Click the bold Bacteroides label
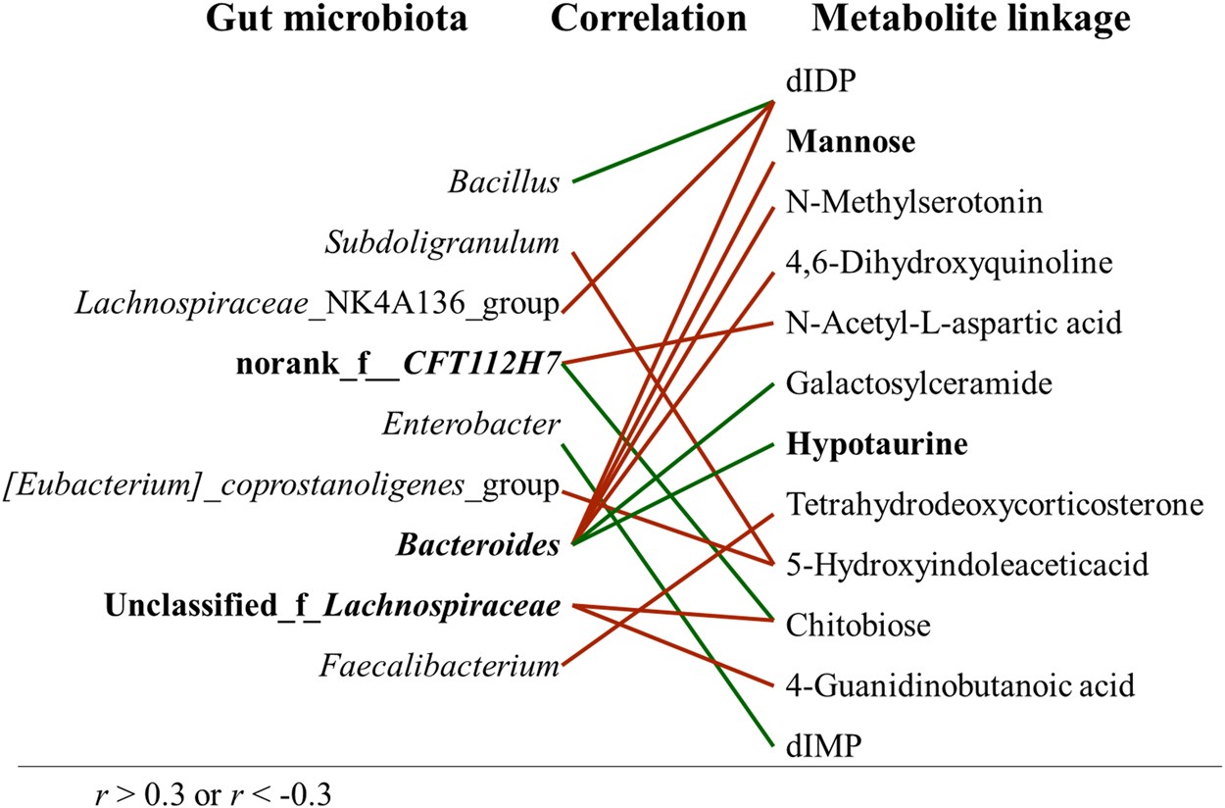coord(478,545)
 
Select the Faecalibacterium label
coord(440,668)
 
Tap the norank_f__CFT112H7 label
coord(398,366)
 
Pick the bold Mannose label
coord(851,143)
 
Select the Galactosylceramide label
coord(919,383)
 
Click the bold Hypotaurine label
coord(877,444)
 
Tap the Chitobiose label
coord(857,624)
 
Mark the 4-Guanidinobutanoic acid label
coord(960,684)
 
